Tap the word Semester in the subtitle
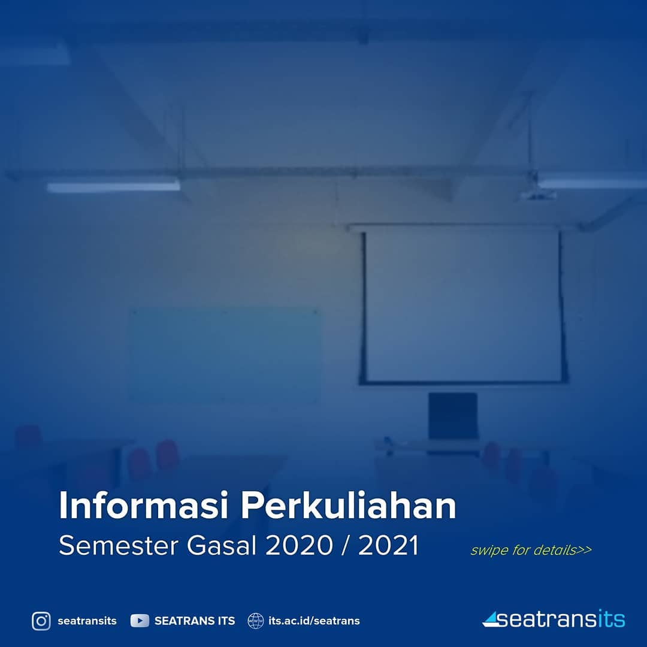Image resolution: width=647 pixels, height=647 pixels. [119, 545]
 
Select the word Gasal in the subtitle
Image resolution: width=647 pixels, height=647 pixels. [222, 545]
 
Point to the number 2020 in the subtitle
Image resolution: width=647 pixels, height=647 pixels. [299, 545]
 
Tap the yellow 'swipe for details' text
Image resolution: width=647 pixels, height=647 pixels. [531, 550]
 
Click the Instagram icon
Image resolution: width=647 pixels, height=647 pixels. [41, 621]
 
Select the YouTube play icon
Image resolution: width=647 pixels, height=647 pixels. [140, 621]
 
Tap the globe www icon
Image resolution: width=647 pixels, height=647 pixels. [255, 621]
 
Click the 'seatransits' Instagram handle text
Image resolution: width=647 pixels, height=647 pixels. [87, 621]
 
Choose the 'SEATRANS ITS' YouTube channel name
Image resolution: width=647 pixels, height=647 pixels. [195, 621]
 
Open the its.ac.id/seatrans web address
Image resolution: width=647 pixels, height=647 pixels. [314, 621]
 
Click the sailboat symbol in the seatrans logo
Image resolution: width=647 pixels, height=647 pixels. [491, 619]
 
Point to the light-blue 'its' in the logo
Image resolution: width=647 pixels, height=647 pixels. [611, 619]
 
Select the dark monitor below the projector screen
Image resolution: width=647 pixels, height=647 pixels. [453, 416]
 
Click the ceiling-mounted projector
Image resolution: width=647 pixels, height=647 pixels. [536, 195]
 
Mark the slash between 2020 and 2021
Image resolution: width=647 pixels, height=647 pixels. [346, 545]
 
